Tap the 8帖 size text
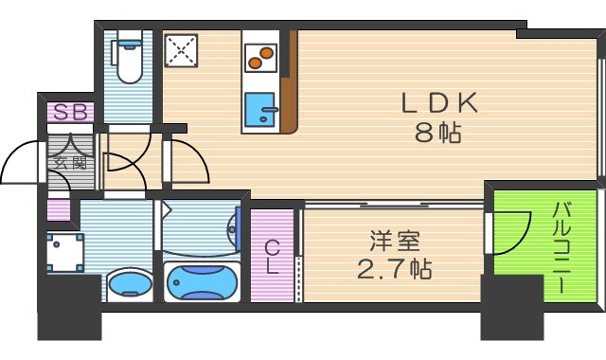pyautogui.click(x=437, y=133)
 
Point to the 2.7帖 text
pyautogui.click(x=395, y=271)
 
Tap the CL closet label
pyautogui.click(x=272, y=257)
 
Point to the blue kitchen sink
pyautogui.click(x=258, y=112)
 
